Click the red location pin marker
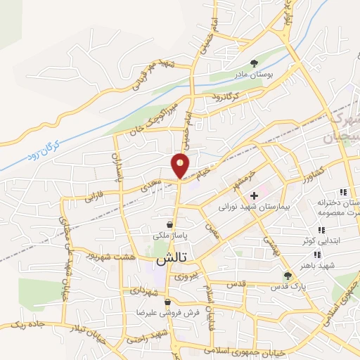(x=181, y=166)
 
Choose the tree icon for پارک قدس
(x=286, y=275)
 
